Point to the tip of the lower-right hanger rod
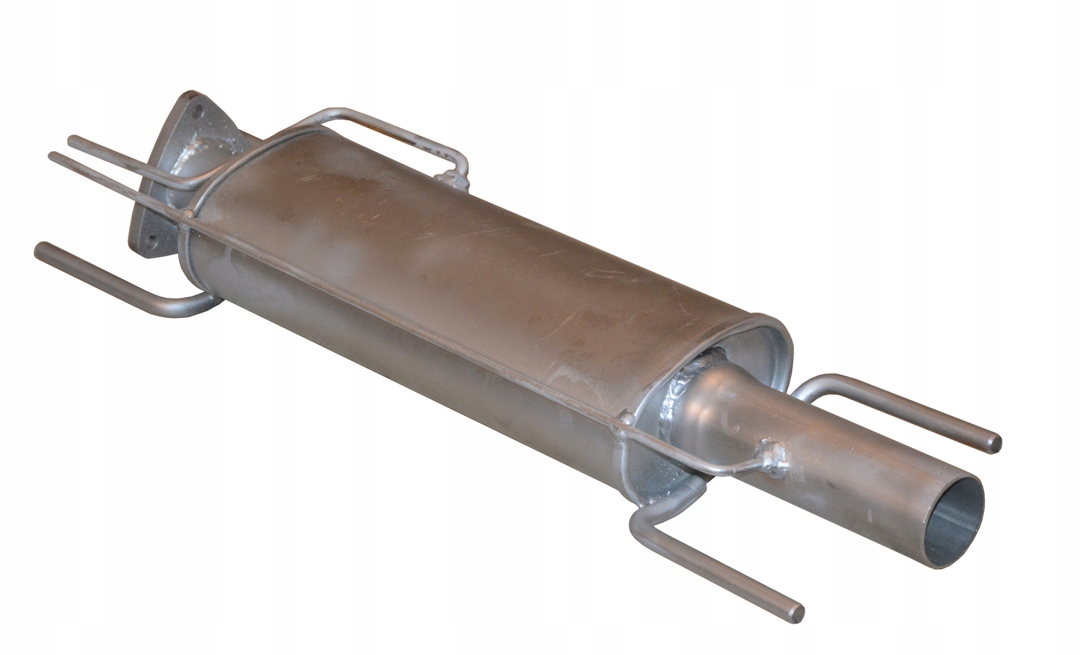pyautogui.click(x=799, y=613)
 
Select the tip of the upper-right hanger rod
pyautogui.click(x=995, y=443)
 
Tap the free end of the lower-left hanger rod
pyautogui.click(x=41, y=250)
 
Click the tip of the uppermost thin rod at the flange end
pyautogui.click(x=73, y=141)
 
